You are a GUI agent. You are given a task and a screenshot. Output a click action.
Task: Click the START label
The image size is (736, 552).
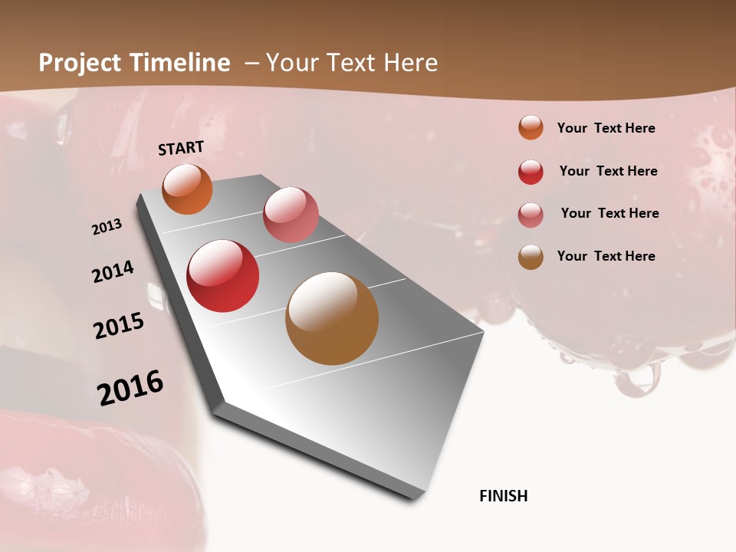(181, 148)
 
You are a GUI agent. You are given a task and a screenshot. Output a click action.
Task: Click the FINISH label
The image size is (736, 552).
(503, 496)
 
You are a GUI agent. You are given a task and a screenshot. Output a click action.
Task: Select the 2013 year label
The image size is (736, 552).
(107, 227)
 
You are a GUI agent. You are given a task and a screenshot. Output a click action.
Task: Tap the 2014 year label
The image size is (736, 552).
(113, 272)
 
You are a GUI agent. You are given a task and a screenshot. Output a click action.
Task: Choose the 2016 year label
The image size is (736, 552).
(130, 388)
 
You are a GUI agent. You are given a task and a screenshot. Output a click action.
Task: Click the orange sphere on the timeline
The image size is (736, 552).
(187, 189)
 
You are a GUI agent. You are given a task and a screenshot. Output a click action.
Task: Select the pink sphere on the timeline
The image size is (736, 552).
(291, 214)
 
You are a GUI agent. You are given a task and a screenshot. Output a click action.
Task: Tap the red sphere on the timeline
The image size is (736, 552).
(223, 276)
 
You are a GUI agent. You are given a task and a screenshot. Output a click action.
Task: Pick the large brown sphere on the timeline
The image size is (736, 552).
(332, 318)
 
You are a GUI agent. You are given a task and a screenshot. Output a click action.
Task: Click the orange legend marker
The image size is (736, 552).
(531, 127)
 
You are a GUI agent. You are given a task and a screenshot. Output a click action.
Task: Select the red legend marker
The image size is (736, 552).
(531, 172)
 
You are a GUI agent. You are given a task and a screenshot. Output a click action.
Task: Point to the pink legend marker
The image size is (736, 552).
(531, 215)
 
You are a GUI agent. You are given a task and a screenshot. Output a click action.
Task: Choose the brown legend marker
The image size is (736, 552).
(531, 257)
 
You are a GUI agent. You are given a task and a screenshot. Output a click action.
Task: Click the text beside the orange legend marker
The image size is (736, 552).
(606, 128)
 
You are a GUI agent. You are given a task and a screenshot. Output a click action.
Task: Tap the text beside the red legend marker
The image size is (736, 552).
(608, 171)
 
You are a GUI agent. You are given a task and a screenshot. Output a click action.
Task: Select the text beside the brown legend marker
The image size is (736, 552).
(606, 256)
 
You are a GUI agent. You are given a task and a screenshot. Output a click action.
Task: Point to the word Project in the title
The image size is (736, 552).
(79, 63)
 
